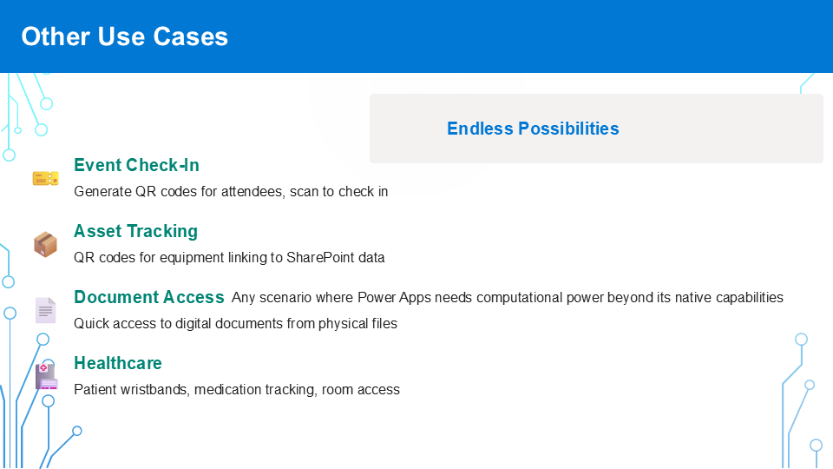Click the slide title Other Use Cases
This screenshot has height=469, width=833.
(x=125, y=36)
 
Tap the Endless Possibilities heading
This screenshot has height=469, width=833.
(x=533, y=129)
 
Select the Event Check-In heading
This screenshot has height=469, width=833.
(x=136, y=165)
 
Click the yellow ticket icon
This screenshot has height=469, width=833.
(x=46, y=178)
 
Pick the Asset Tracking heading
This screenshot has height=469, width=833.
(x=135, y=231)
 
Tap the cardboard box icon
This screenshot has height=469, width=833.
(x=45, y=244)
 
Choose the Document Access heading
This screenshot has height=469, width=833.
(x=149, y=297)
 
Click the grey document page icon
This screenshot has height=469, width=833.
(x=46, y=310)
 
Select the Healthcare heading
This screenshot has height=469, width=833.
(x=118, y=363)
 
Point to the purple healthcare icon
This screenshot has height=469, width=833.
(x=46, y=376)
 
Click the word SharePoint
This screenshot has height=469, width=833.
(x=320, y=258)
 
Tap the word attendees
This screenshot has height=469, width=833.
(x=253, y=192)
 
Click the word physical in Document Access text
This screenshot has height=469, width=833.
(x=341, y=324)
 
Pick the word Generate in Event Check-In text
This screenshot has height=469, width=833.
(x=102, y=192)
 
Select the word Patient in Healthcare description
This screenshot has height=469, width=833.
(x=95, y=390)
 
